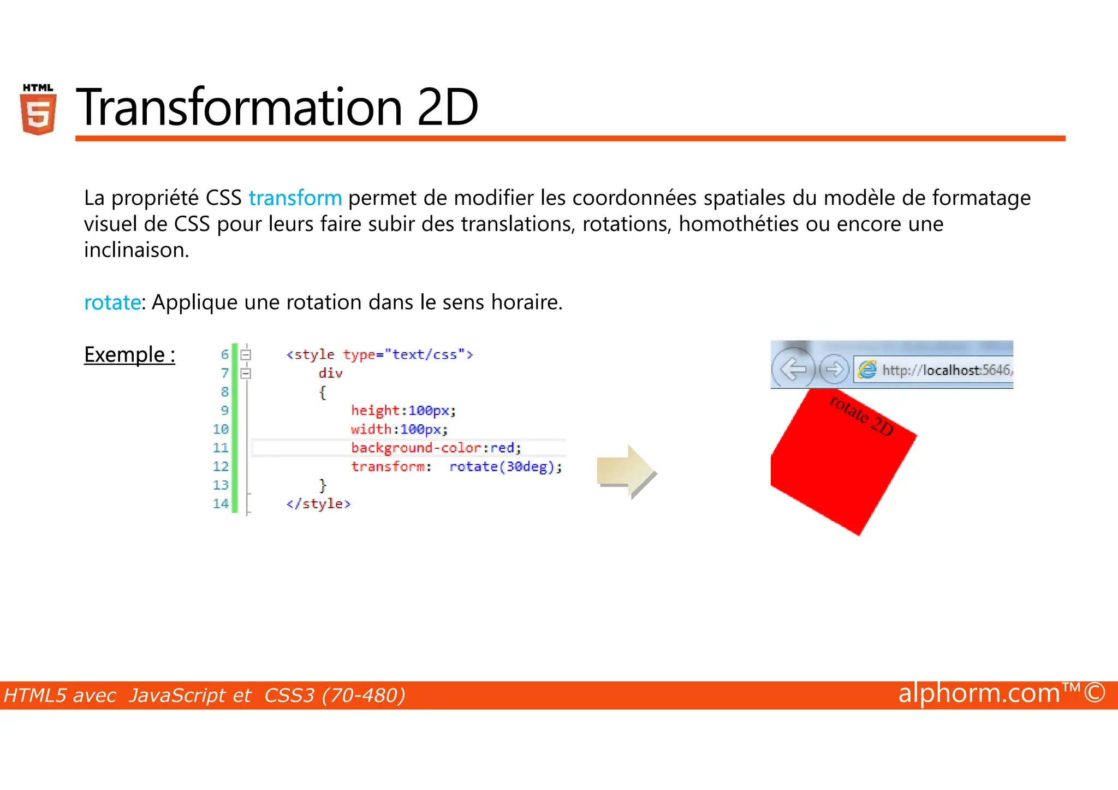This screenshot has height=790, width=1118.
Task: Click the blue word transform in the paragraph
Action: pyautogui.click(x=295, y=198)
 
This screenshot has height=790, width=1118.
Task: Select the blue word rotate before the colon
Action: pyautogui.click(x=112, y=302)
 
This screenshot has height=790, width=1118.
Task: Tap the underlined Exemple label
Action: pyautogui.click(x=129, y=355)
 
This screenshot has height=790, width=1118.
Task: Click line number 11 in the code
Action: pyautogui.click(x=221, y=448)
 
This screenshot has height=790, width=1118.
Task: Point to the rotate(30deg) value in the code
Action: pyautogui.click(x=504, y=467)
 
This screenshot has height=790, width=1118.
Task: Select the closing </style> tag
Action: pyautogui.click(x=318, y=504)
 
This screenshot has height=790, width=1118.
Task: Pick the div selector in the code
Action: pyautogui.click(x=330, y=373)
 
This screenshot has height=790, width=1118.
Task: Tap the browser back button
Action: pyautogui.click(x=793, y=370)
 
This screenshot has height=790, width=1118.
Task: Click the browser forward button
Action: pyautogui.click(x=834, y=370)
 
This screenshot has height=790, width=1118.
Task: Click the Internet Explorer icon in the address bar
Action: pyautogui.click(x=867, y=370)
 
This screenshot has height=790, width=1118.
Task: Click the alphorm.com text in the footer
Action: pyautogui.click(x=978, y=693)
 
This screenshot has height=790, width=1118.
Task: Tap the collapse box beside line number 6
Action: pyautogui.click(x=246, y=355)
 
